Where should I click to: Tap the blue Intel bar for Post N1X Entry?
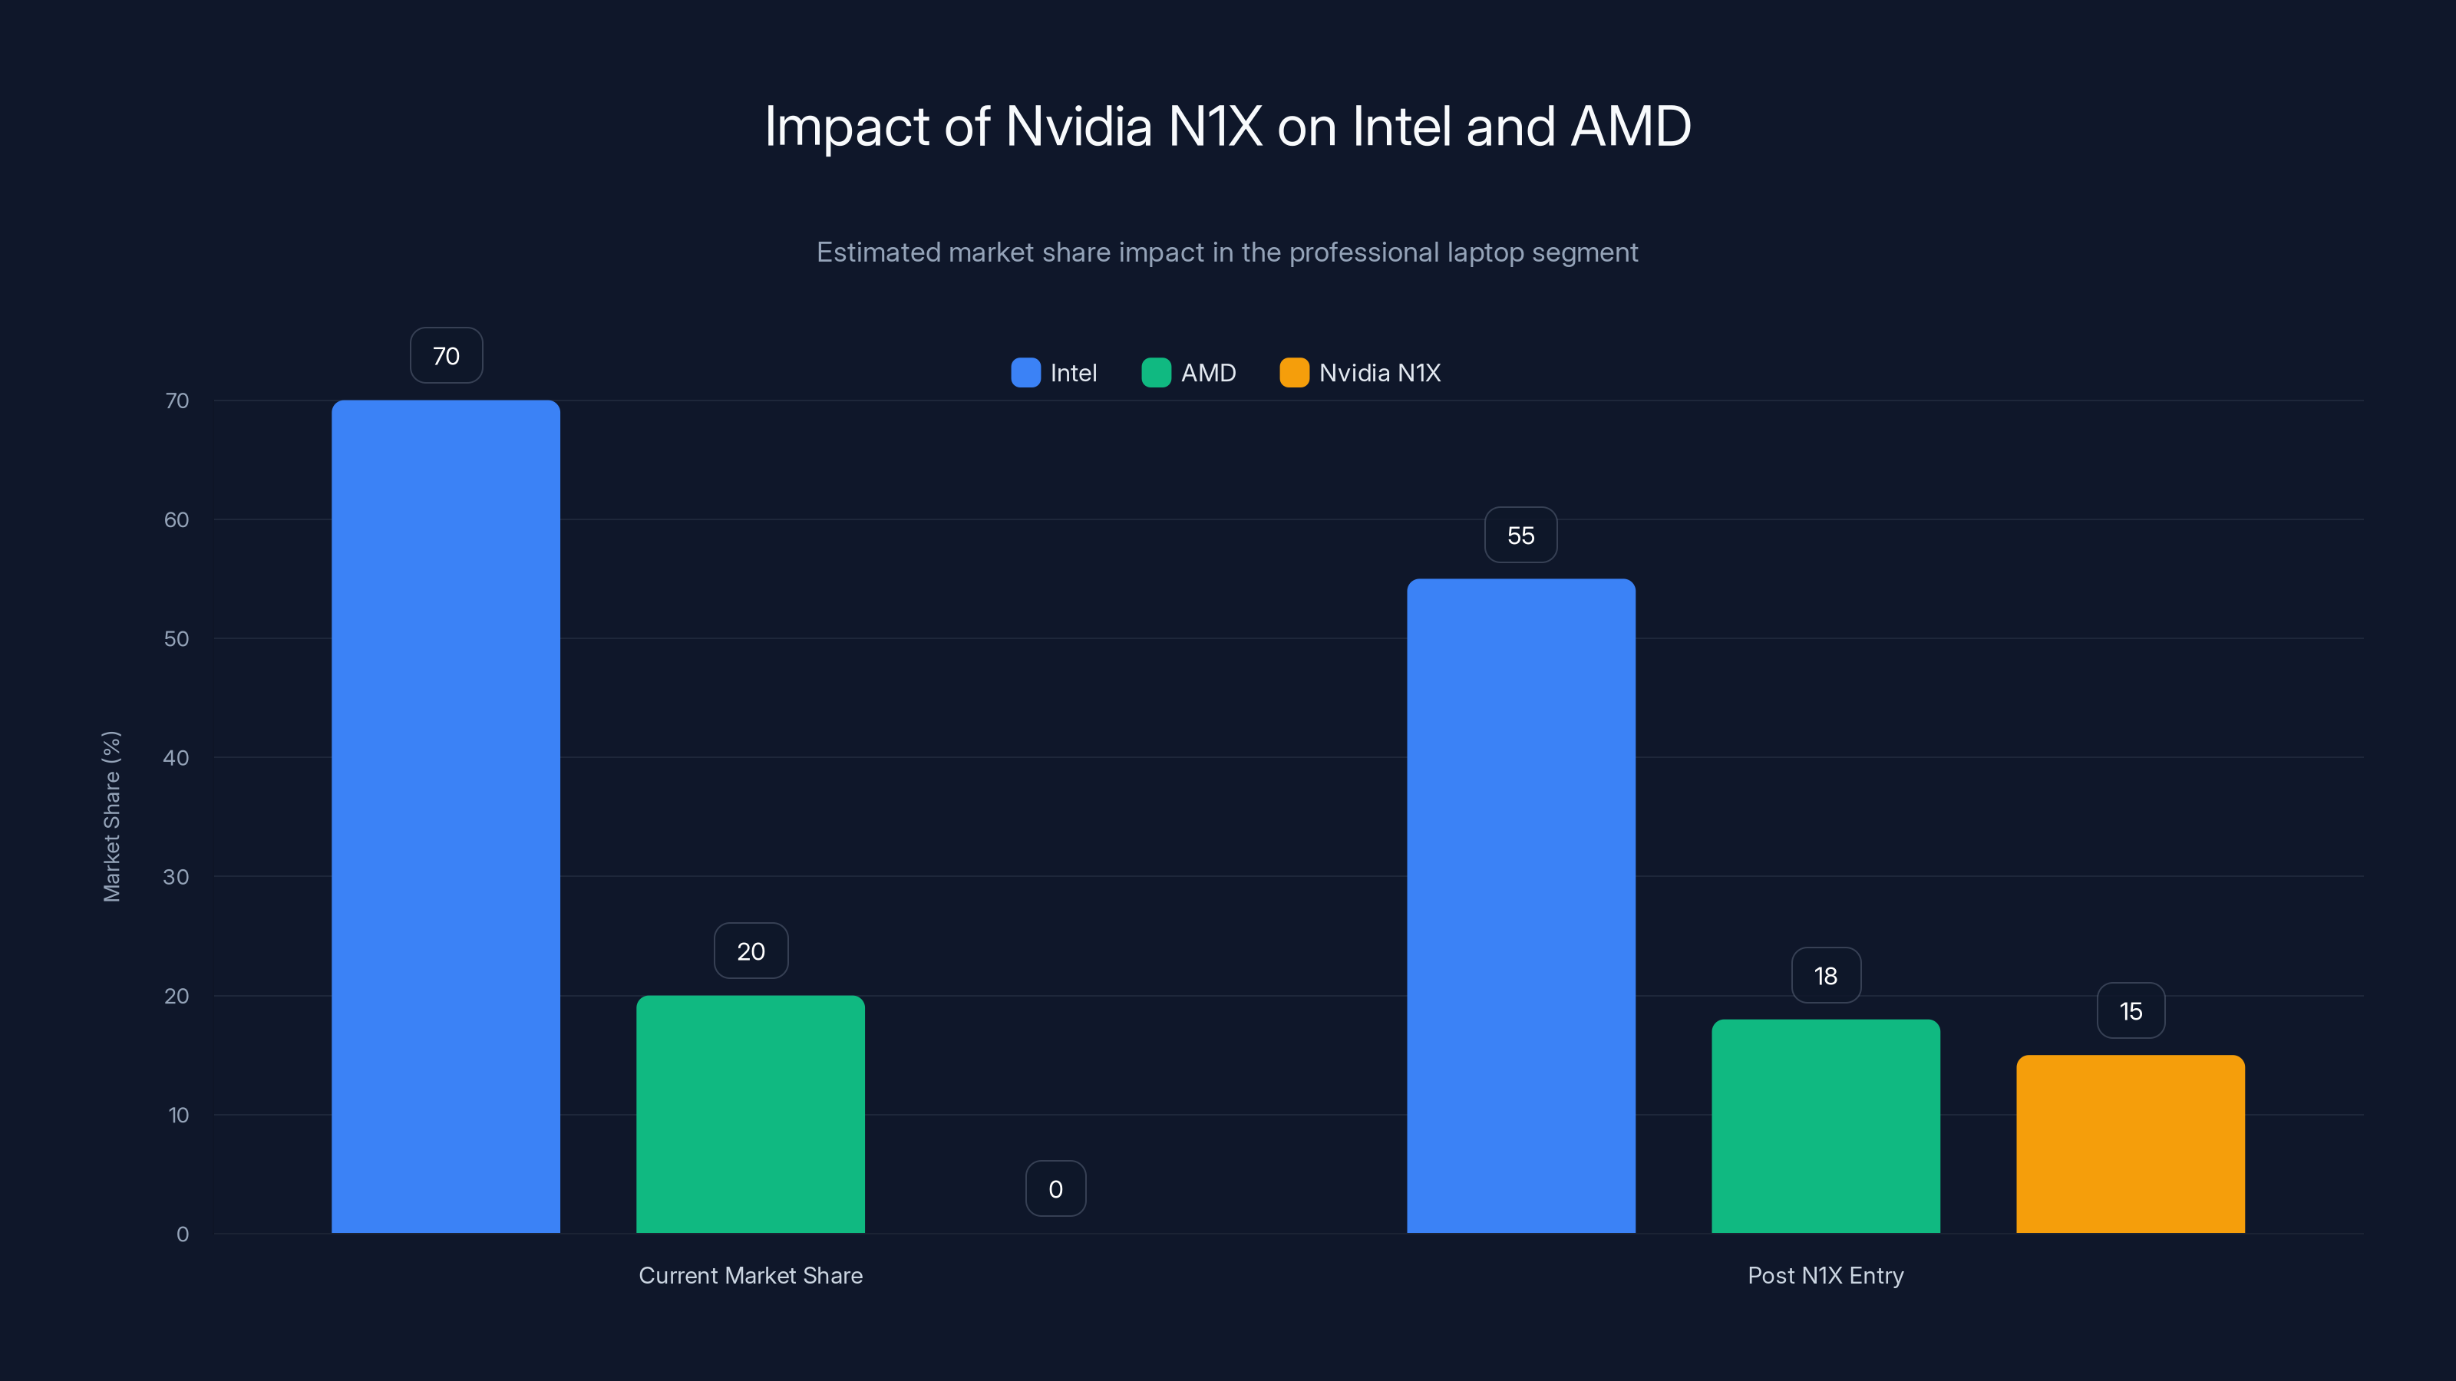click(x=1520, y=905)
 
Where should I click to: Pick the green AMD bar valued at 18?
click(x=1825, y=1126)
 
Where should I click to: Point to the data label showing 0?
click(x=1055, y=1188)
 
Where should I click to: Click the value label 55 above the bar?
click(x=1520, y=535)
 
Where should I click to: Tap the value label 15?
click(x=2130, y=1010)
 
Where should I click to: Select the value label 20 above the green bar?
click(x=751, y=951)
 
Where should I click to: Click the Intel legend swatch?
click(x=1025, y=373)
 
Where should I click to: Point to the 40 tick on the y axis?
click(x=177, y=758)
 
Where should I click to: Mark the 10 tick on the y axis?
click(x=178, y=1114)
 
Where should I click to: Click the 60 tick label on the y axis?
click(x=177, y=519)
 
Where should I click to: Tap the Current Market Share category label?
click(x=751, y=1275)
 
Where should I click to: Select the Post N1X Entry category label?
click(x=1825, y=1275)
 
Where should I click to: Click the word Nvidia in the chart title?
click(x=1078, y=127)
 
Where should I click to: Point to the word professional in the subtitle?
click(x=1363, y=252)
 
